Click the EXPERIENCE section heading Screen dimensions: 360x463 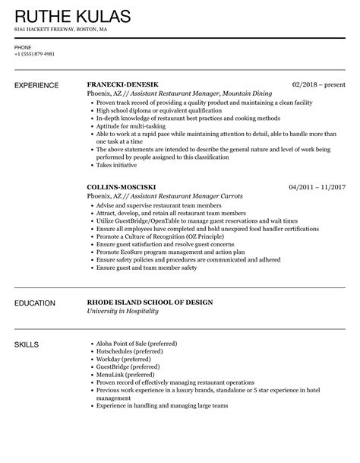pyautogui.click(x=39, y=87)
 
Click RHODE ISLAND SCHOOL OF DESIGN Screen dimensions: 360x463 pyautogui.click(x=150, y=303)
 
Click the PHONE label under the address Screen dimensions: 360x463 pyautogui.click(x=23, y=46)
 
